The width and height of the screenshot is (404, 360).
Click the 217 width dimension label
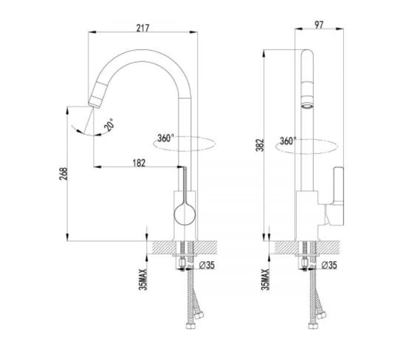coord(143,28)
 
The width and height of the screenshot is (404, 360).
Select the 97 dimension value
coord(319,25)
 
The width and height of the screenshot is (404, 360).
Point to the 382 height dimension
coord(260,145)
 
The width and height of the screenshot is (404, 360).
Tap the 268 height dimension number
coord(64,174)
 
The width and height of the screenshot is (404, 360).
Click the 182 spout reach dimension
coord(139,163)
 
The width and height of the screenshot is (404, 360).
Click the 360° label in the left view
coord(165,138)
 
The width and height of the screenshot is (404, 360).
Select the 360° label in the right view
coord(288,141)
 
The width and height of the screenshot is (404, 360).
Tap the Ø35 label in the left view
coord(207,265)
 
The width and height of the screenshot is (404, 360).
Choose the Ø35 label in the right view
coord(329,265)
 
